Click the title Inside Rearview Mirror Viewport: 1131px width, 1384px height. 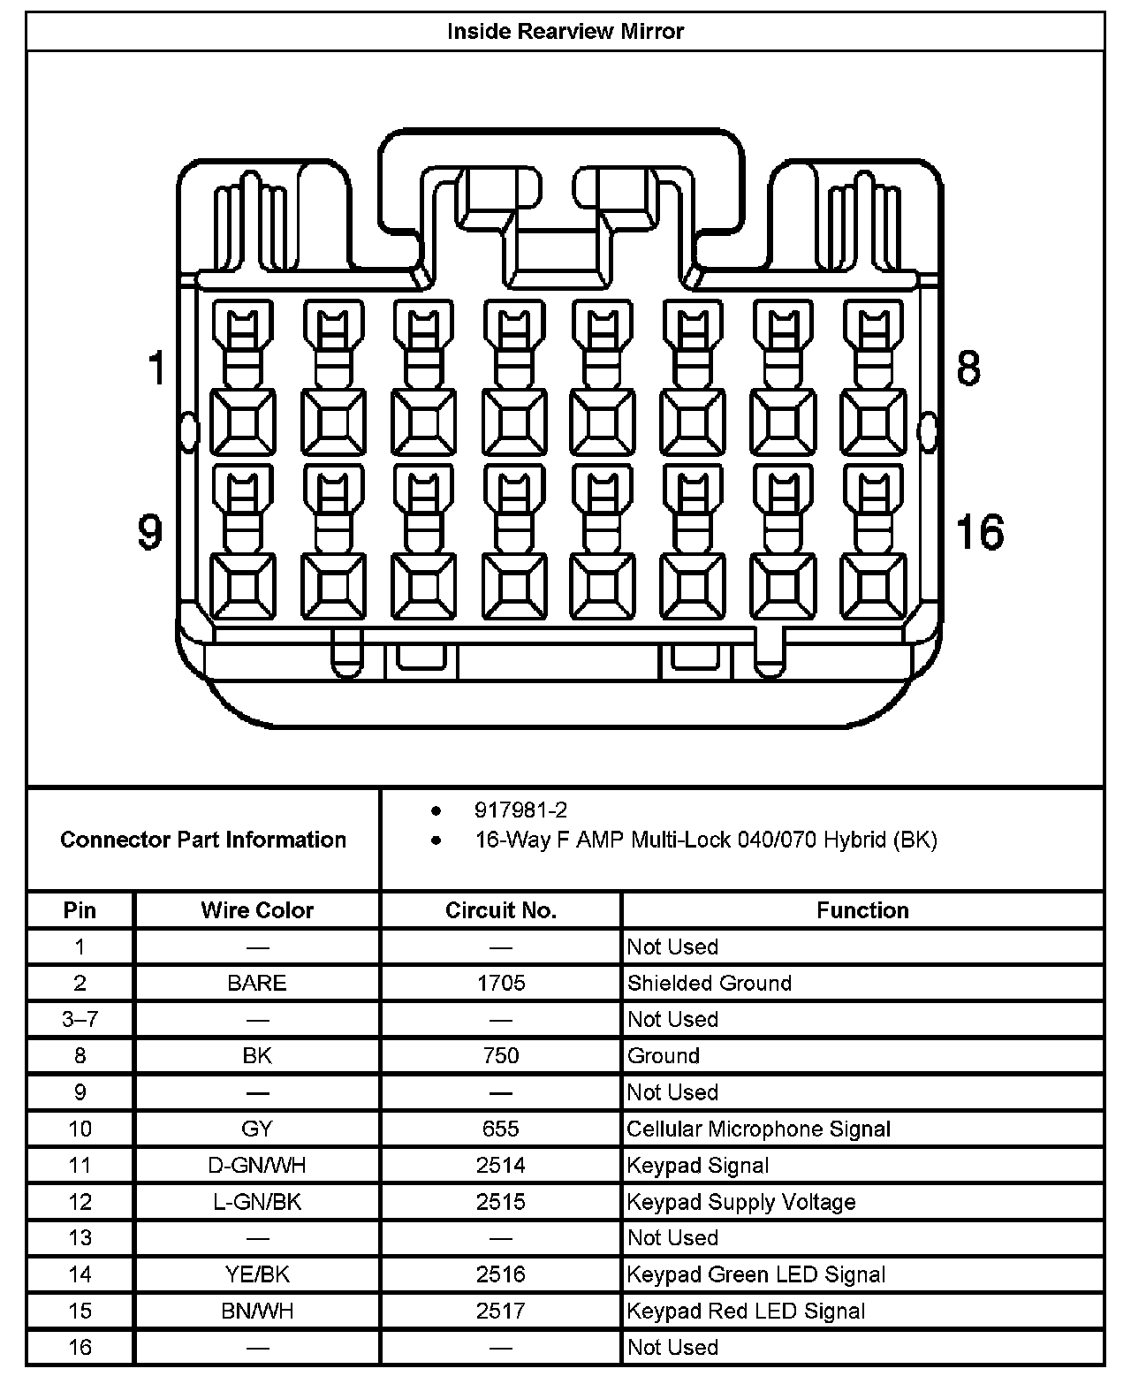pyautogui.click(x=565, y=32)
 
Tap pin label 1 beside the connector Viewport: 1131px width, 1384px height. pyautogui.click(x=157, y=368)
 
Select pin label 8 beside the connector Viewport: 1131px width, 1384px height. pyautogui.click(x=969, y=368)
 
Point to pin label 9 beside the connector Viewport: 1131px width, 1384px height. pyautogui.click(x=151, y=532)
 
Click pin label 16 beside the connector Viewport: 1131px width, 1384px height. pyautogui.click(x=980, y=532)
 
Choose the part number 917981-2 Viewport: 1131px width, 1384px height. pyautogui.click(x=520, y=810)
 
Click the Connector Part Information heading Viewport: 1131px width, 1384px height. pyautogui.click(x=203, y=839)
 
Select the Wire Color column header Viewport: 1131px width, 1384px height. pyautogui.click(x=257, y=910)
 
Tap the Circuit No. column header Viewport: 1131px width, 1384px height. pyautogui.click(x=501, y=910)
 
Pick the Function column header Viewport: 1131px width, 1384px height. pyautogui.click(x=862, y=910)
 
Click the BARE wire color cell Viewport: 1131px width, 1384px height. pyautogui.click(x=257, y=983)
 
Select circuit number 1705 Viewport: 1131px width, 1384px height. pyautogui.click(x=501, y=983)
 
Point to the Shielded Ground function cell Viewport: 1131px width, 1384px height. pyautogui.click(x=710, y=983)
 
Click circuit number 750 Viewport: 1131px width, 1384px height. pyautogui.click(x=501, y=1055)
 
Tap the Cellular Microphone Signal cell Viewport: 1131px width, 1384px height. pyautogui.click(x=759, y=1129)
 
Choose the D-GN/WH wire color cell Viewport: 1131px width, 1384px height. pyautogui.click(x=257, y=1165)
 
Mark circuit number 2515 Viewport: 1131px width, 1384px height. pyautogui.click(x=501, y=1202)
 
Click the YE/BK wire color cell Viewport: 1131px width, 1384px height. pyautogui.click(x=257, y=1274)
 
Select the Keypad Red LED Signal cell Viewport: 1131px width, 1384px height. pyautogui.click(x=747, y=1311)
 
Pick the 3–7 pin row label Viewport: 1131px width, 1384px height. pyautogui.click(x=80, y=1019)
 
